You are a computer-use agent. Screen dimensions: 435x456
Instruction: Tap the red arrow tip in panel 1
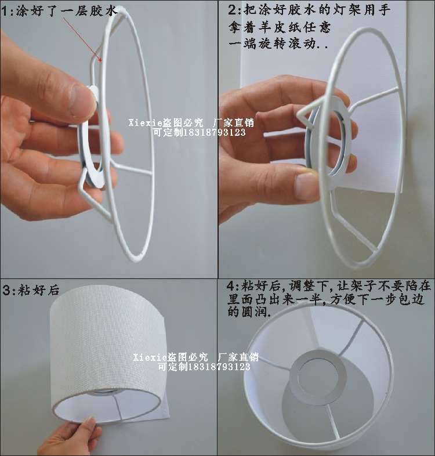click(101, 61)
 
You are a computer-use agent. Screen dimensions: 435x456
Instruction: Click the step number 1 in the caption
click(5, 12)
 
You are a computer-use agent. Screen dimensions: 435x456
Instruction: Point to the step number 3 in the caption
click(7, 291)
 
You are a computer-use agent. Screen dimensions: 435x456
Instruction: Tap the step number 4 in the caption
click(231, 286)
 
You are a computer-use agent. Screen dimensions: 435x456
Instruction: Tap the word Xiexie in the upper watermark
click(144, 123)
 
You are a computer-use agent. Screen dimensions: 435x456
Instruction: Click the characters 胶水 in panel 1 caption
click(104, 12)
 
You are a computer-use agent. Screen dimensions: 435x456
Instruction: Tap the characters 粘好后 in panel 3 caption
click(39, 291)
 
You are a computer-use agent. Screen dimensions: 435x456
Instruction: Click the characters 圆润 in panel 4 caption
click(256, 312)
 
